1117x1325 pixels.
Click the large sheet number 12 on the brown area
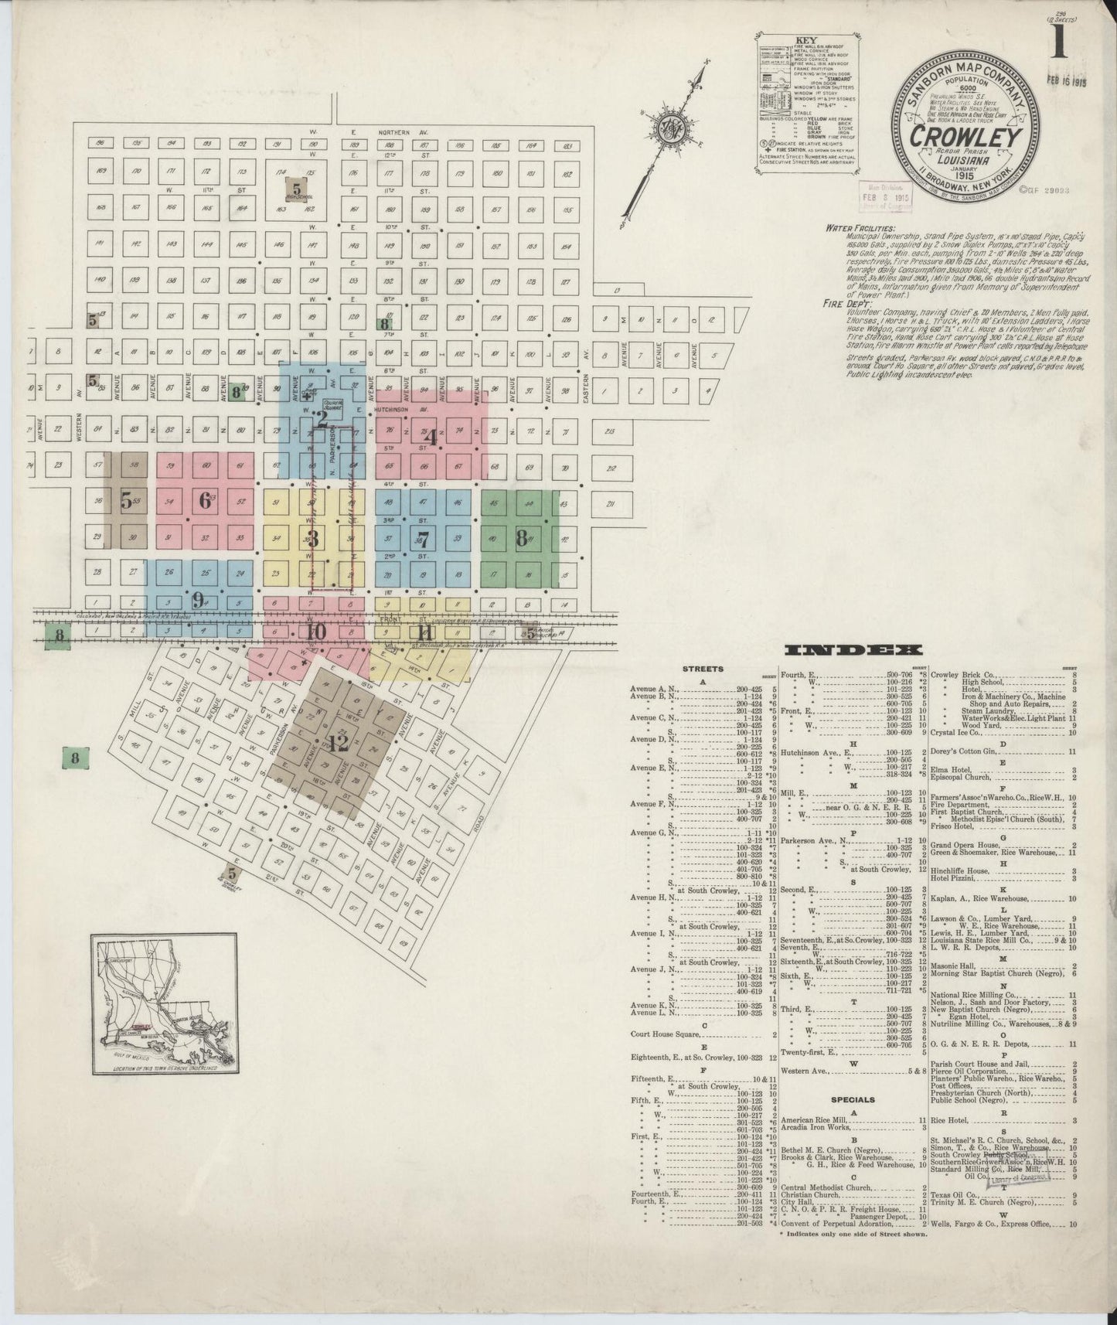[337, 744]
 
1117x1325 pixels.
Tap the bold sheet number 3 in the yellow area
[313, 539]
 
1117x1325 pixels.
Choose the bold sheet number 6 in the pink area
[205, 500]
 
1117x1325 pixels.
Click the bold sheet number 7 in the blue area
[422, 539]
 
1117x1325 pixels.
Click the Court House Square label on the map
[332, 404]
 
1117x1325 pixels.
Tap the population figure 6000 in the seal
[965, 89]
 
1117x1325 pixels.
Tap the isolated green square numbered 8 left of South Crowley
[75, 758]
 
